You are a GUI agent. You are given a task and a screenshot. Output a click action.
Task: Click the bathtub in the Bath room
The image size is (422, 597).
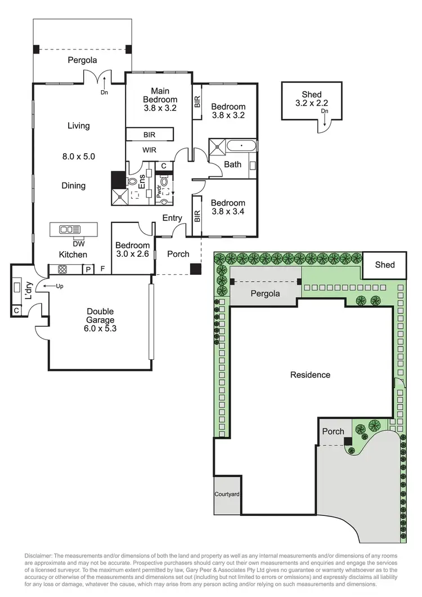tap(241, 146)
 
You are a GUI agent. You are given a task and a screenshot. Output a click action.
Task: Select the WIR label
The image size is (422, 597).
tap(149, 150)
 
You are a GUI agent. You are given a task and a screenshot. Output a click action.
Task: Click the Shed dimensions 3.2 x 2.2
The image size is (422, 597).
tap(311, 104)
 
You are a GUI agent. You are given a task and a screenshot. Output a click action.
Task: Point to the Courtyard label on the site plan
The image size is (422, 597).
tap(227, 494)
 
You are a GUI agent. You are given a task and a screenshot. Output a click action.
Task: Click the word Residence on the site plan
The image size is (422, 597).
tap(310, 375)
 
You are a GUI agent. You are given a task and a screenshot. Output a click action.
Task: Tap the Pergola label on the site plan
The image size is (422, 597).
tap(265, 294)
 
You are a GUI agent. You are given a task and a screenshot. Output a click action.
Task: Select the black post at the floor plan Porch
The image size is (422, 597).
tap(195, 269)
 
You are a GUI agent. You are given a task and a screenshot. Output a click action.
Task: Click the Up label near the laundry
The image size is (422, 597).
tap(60, 287)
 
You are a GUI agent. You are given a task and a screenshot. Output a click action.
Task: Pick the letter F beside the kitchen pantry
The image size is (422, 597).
tap(102, 269)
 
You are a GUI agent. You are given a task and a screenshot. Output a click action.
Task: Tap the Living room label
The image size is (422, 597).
tap(79, 126)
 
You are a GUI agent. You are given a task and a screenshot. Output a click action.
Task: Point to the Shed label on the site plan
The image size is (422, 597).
tap(385, 265)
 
